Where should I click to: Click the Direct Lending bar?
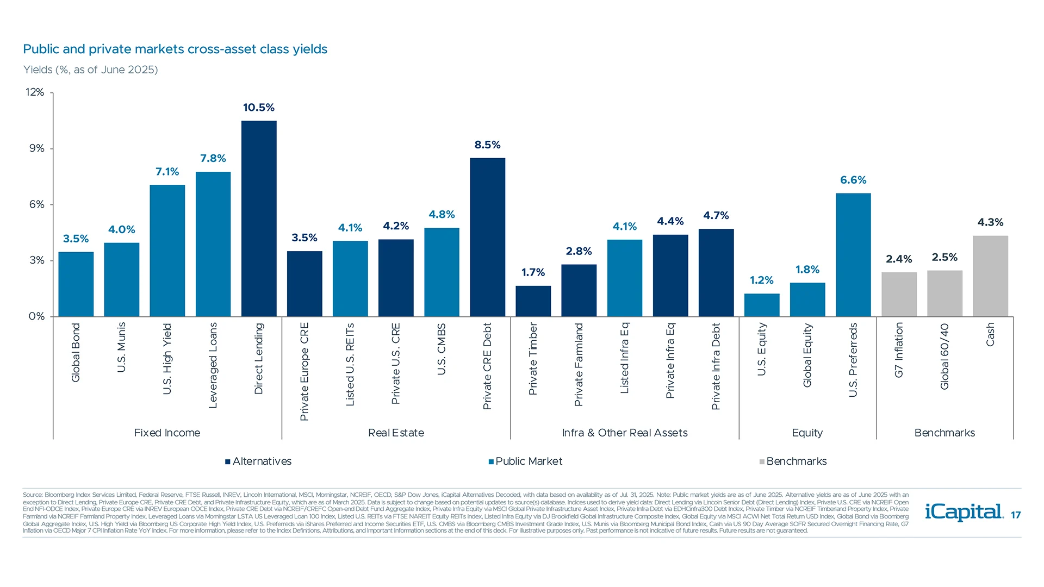pyautogui.click(x=259, y=218)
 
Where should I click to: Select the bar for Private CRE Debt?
pyautogui.click(x=487, y=238)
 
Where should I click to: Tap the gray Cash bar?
pyautogui.click(x=990, y=276)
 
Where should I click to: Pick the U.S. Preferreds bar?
pyautogui.click(x=853, y=255)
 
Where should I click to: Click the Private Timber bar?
pyautogui.click(x=533, y=301)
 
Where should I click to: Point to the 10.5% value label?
pyautogui.click(x=259, y=108)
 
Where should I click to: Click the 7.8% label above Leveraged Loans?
pyautogui.click(x=213, y=158)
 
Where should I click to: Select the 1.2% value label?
pyautogui.click(x=761, y=280)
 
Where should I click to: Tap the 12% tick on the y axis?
pyautogui.click(x=35, y=92)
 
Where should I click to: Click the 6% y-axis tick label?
pyautogui.click(x=36, y=204)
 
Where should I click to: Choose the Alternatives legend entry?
pyautogui.click(x=258, y=461)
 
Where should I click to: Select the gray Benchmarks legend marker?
pyautogui.click(x=762, y=462)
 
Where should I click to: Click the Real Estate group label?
pyautogui.click(x=396, y=433)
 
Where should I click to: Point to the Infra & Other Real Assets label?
pyautogui.click(x=624, y=433)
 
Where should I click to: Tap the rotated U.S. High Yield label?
pyautogui.click(x=167, y=359)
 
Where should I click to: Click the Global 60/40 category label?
pyautogui.click(x=944, y=357)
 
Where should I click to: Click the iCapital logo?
pyautogui.click(x=964, y=512)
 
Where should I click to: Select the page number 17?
pyautogui.click(x=1016, y=515)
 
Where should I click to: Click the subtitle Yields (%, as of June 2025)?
pyautogui.click(x=90, y=70)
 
